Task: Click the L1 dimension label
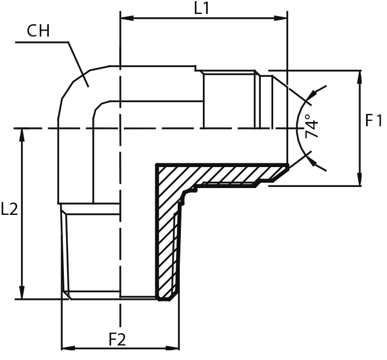click(201, 8)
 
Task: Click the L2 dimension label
click(9, 209)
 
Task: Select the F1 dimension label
click(373, 121)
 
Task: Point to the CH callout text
click(38, 31)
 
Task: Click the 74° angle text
click(311, 126)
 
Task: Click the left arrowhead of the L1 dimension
click(127, 18)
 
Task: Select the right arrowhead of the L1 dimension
click(281, 18)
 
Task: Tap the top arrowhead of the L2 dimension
click(22, 135)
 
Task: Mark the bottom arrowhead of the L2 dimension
click(22, 292)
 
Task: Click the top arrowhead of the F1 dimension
click(360, 77)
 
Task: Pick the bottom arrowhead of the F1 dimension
click(360, 179)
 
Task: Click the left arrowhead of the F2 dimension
click(68, 348)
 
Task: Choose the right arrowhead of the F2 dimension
click(172, 348)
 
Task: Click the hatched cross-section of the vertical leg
click(168, 237)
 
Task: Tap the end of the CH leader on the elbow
click(88, 87)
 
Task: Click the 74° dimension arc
click(297, 128)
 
